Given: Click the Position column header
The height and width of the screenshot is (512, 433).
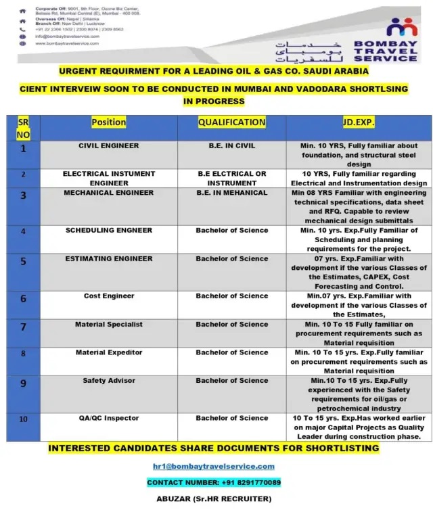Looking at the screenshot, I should [x=108, y=122].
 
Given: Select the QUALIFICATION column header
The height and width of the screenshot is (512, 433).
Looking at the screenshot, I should [x=231, y=122].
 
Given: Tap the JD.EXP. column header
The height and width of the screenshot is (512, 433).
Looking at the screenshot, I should [x=359, y=122].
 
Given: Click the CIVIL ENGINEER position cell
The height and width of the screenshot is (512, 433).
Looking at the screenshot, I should [x=108, y=145].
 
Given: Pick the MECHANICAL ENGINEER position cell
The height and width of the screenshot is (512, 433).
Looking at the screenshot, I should [x=109, y=193].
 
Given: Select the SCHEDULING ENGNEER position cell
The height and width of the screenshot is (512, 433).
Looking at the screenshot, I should [x=109, y=231].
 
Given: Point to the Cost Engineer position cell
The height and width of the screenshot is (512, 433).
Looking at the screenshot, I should [x=109, y=296].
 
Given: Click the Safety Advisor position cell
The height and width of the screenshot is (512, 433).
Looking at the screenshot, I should [x=109, y=381].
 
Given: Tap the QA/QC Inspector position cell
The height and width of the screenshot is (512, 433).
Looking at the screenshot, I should [x=109, y=419].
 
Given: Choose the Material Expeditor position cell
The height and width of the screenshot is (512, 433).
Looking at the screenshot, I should [x=109, y=352].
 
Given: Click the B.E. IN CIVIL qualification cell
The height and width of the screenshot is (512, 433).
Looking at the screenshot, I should [x=231, y=145].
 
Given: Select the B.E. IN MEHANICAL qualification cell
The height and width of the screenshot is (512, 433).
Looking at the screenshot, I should [x=231, y=193].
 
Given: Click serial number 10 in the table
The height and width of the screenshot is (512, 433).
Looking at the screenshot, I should [x=24, y=419].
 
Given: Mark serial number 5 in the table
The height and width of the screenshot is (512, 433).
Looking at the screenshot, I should [x=24, y=261].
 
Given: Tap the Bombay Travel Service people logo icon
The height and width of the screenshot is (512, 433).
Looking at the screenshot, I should [x=403, y=28].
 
